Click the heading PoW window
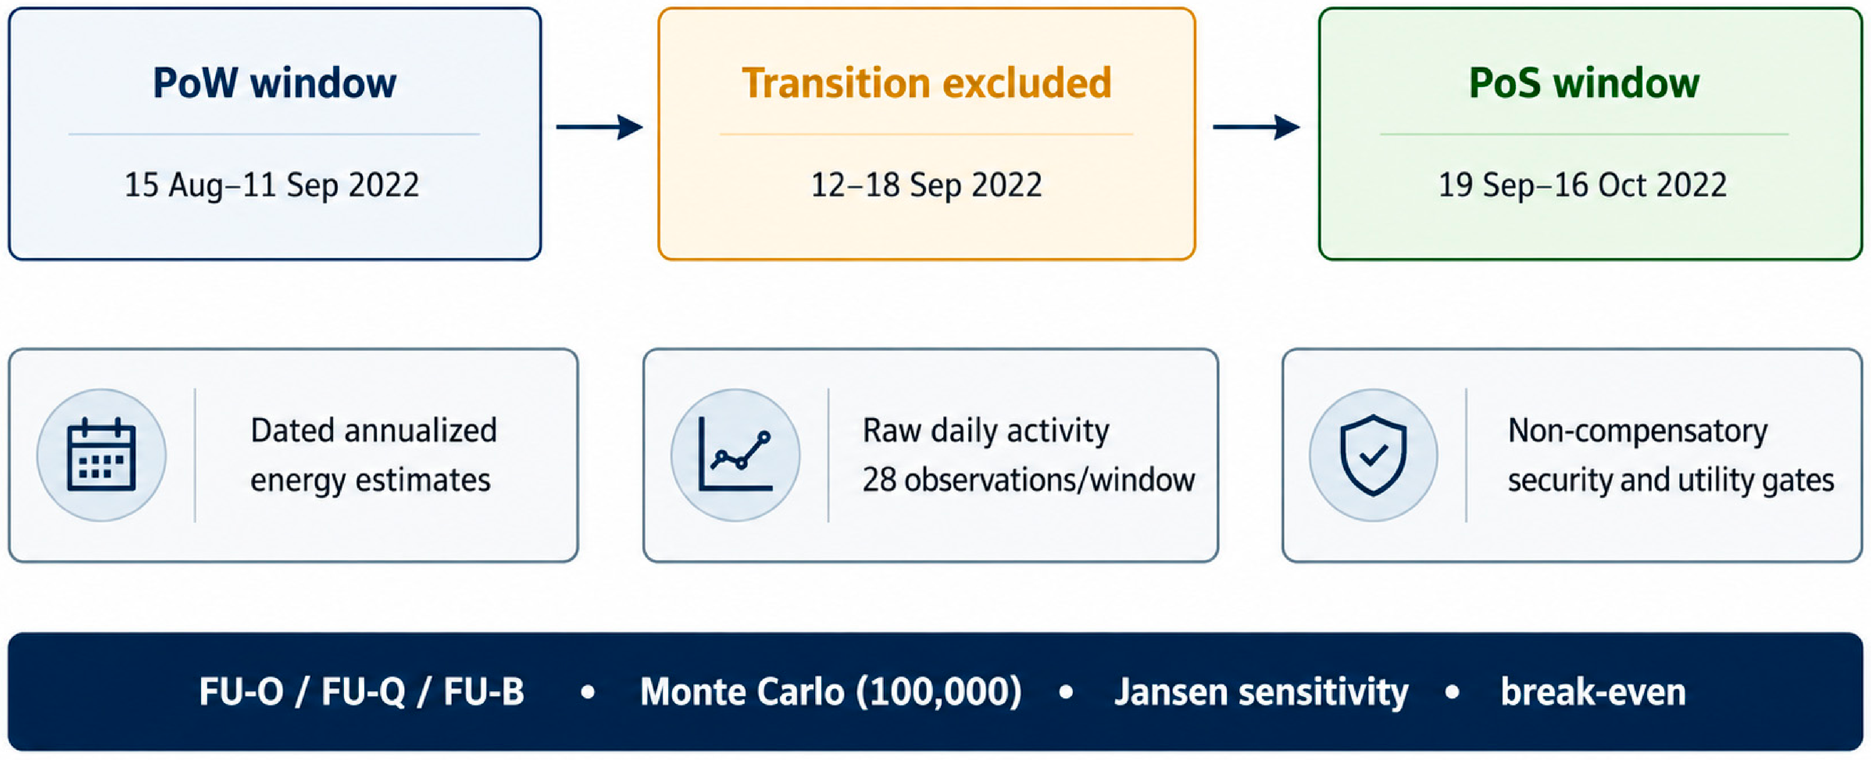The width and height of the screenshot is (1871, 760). point(274,83)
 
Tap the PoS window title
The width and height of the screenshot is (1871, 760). point(1584,83)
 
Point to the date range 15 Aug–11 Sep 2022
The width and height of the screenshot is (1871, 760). point(272,184)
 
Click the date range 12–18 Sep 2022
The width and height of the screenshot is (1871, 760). point(926,184)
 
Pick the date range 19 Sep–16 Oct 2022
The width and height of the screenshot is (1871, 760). point(1583,184)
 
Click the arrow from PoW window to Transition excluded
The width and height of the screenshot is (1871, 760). point(600,127)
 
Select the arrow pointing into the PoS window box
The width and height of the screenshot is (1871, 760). point(1256,127)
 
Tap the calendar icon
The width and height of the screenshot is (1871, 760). point(101,455)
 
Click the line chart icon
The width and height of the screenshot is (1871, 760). point(735,455)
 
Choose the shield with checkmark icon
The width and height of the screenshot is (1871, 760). point(1373,455)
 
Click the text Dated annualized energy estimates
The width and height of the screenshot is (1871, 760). point(374,455)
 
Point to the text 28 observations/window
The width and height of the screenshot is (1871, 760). point(1028,480)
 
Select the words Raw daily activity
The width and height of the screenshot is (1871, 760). point(986,431)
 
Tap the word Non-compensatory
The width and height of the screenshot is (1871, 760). point(1638,431)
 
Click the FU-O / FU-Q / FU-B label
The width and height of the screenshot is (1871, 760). point(362,692)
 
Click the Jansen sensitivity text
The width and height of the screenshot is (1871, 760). point(1262,692)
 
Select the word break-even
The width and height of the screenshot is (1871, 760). point(1593,692)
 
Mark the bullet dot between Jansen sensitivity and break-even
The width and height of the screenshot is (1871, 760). point(1452,692)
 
